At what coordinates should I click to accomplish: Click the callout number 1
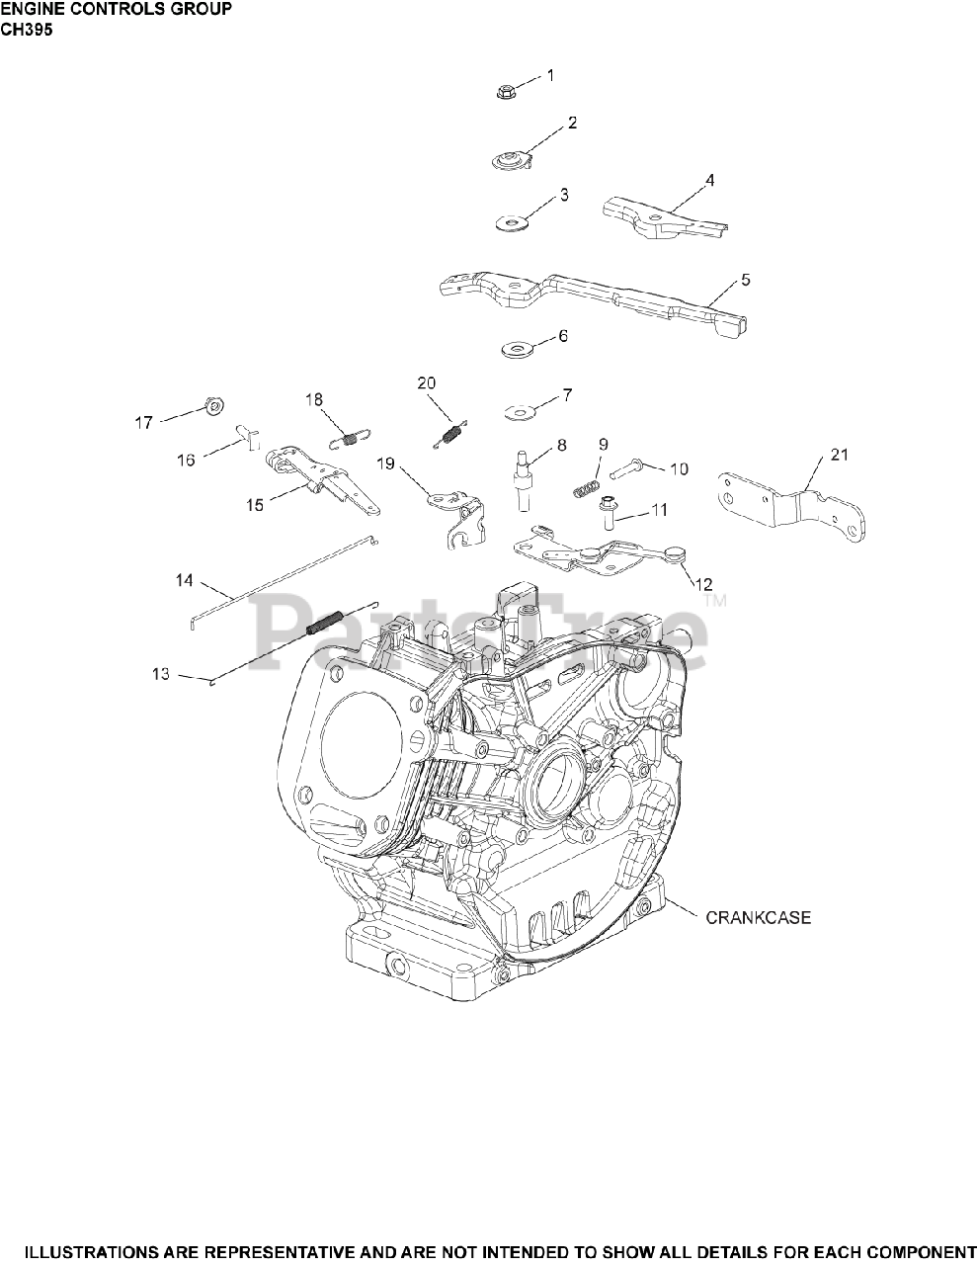coord(550,75)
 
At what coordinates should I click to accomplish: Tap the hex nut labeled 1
coord(507,92)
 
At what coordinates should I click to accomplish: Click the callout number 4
coord(737,181)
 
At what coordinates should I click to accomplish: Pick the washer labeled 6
coord(516,349)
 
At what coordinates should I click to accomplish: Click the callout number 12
coord(705,584)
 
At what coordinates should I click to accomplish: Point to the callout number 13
coord(160,674)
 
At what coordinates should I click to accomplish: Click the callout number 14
coord(185,581)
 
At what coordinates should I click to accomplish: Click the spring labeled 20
coord(452,431)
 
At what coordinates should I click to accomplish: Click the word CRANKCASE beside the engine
coord(758,918)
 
